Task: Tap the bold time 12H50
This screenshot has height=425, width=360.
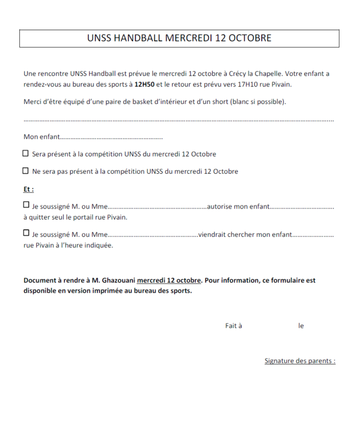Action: [144, 85]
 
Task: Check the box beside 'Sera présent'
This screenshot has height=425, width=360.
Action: [26, 154]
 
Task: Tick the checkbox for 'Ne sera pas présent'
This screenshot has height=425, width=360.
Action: [26, 171]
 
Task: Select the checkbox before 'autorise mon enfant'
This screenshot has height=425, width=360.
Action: [26, 205]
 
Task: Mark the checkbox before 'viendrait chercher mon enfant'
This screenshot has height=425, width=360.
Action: [26, 234]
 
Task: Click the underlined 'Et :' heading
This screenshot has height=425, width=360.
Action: [28, 189]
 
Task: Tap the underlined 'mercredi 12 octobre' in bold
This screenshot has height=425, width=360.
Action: [169, 280]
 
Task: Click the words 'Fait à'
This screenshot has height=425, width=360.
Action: [233, 326]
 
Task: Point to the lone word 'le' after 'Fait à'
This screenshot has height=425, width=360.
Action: [301, 326]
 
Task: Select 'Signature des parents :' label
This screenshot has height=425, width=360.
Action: [300, 361]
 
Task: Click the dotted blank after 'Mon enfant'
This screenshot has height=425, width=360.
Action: [111, 137]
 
